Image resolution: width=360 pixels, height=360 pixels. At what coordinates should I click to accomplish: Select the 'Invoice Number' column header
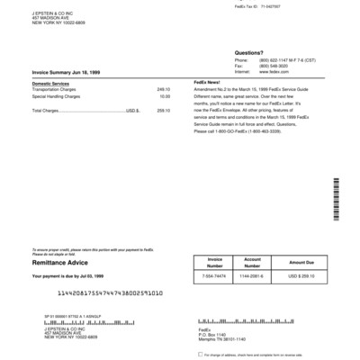[208, 261]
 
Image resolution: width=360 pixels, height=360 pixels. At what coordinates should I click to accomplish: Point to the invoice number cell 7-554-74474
[208, 277]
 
